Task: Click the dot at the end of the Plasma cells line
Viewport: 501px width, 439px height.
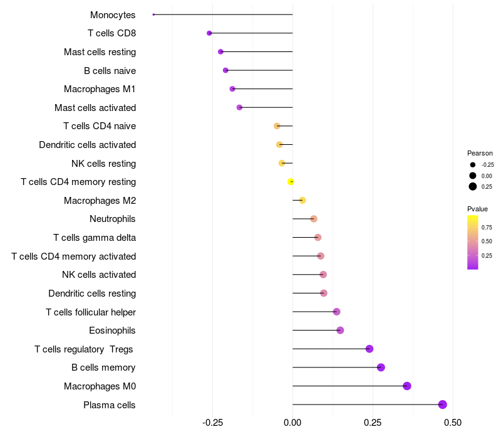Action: pos(443,405)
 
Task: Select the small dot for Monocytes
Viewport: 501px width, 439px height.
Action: pos(153,14)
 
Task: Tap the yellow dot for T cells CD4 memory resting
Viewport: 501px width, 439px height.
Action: pos(291,182)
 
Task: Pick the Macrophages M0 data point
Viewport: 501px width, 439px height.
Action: pos(407,386)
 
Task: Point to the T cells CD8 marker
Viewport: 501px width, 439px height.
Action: pos(209,33)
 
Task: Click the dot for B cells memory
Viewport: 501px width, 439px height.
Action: pos(381,368)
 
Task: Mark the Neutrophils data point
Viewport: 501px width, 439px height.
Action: pos(314,219)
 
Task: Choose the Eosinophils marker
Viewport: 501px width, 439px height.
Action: pos(340,331)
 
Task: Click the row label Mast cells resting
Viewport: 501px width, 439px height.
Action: pos(100,52)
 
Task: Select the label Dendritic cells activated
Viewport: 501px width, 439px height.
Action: pos(88,145)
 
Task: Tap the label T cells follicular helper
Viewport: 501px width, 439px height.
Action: pos(91,312)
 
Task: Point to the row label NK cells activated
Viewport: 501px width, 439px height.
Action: pos(99,275)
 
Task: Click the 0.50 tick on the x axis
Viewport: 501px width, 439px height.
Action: pos(453,423)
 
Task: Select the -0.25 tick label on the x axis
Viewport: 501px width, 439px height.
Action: pos(212,423)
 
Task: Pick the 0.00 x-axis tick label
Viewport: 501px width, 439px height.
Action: pos(292,423)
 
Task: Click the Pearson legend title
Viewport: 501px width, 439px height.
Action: pos(480,153)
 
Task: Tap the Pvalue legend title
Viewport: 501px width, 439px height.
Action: pos(477,209)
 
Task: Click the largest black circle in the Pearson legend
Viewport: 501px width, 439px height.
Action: pos(473,186)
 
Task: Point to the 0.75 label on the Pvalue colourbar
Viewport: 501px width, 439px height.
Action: pos(487,228)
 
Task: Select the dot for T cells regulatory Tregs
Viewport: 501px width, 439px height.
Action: pos(369,349)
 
